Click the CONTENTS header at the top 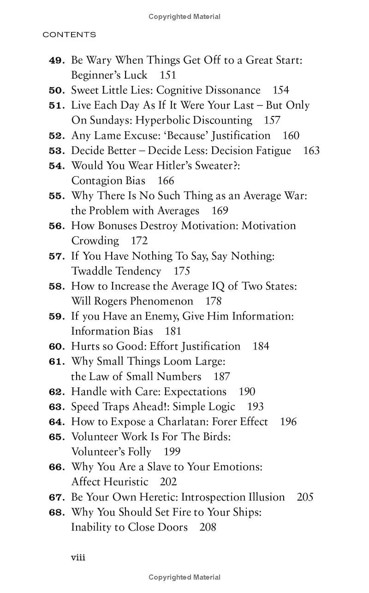pyautogui.click(x=69, y=35)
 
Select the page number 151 pyautogui.click(x=168, y=75)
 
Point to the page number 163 pyautogui.click(x=311, y=151)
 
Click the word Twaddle pyautogui.click(x=92, y=271)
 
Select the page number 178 pyautogui.click(x=214, y=301)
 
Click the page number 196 pyautogui.click(x=288, y=422)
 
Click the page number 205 pyautogui.click(x=305, y=497)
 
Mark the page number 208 pyautogui.click(x=208, y=527)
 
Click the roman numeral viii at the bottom pyautogui.click(x=78, y=557)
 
